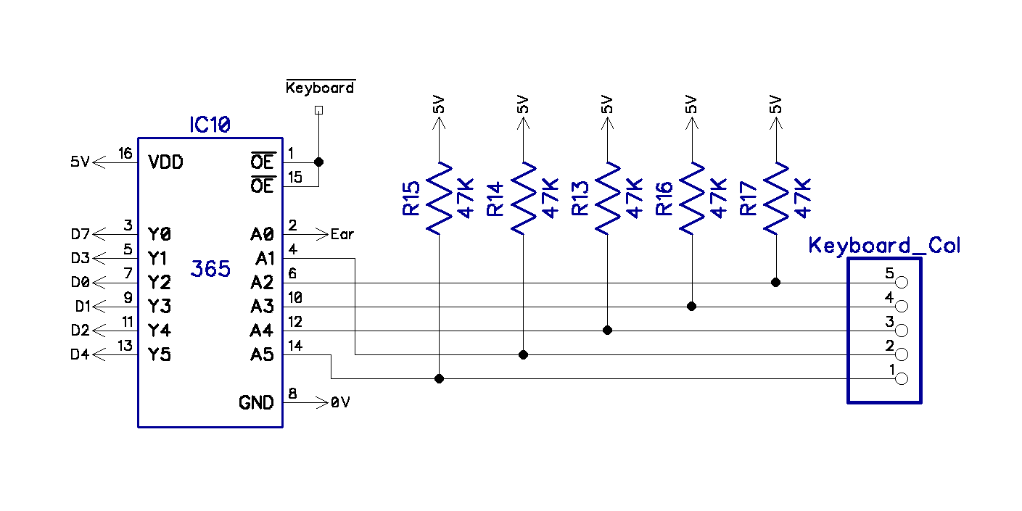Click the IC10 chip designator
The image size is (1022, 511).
[210, 125]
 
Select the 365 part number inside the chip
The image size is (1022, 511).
[210, 270]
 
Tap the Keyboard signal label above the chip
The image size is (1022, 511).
[320, 88]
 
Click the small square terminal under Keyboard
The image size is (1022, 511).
[318, 110]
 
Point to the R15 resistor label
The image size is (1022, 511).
[411, 198]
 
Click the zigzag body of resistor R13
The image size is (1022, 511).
[607, 197]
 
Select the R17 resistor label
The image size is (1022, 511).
[749, 198]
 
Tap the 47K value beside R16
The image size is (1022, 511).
[719, 198]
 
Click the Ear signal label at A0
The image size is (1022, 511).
[342, 235]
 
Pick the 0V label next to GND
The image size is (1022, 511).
[340, 402]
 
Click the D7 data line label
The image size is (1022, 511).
[81, 234]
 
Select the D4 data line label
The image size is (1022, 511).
[81, 354]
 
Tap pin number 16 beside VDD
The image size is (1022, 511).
[125, 154]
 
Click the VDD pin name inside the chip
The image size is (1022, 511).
[165, 162]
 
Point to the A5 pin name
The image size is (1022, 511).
[262, 354]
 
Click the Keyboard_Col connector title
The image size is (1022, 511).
[884, 245]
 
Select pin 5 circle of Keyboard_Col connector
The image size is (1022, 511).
[902, 283]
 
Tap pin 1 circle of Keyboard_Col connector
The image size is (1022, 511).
[902, 378]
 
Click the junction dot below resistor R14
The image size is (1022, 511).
[523, 354]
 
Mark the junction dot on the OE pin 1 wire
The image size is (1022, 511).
[318, 162]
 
